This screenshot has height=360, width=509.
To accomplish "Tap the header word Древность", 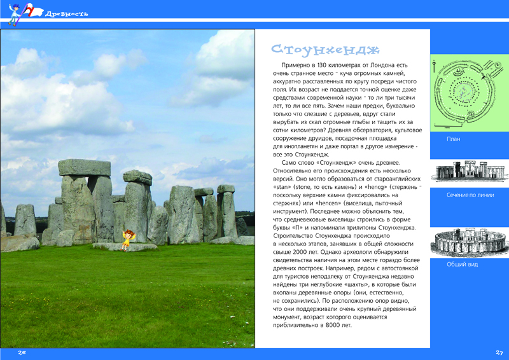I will click(x=67, y=13).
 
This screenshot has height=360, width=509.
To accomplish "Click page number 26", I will click(x=22, y=352).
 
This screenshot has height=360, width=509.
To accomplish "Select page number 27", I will click(x=499, y=352).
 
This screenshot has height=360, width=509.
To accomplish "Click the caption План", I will click(x=453, y=138).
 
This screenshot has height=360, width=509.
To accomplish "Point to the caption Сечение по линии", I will click(x=470, y=195).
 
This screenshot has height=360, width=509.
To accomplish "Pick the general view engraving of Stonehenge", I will click(x=470, y=241).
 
